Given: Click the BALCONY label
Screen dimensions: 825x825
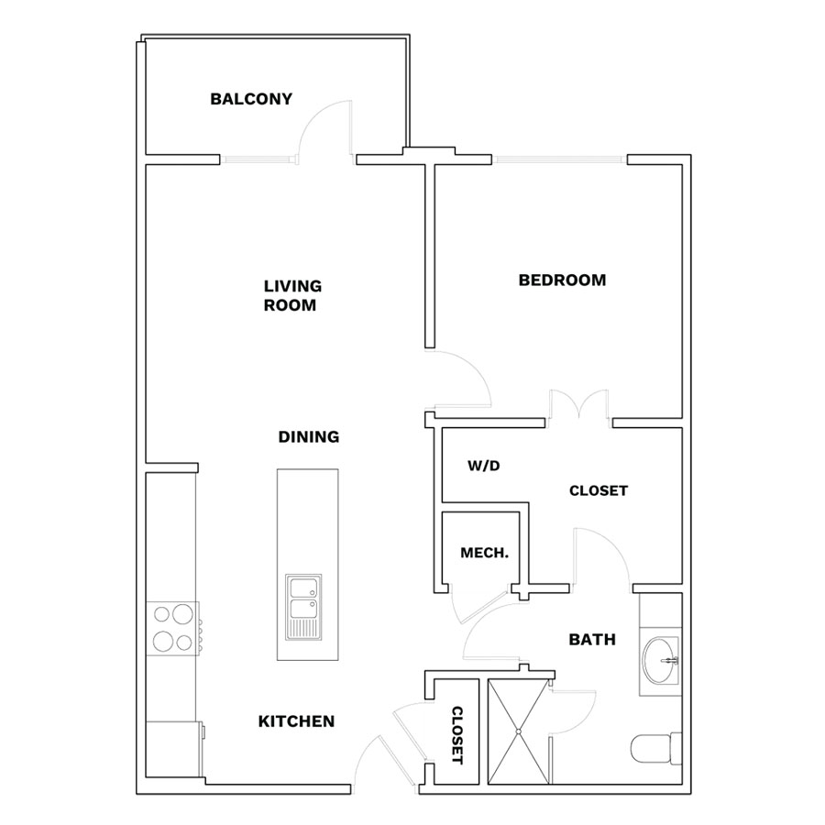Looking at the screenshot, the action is (251, 99).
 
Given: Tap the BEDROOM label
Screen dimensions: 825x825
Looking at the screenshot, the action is (562, 280).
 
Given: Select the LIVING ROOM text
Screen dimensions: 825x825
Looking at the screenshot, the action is (292, 296).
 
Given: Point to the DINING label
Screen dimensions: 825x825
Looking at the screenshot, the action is (309, 436).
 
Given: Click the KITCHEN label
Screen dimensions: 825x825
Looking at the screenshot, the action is (296, 721).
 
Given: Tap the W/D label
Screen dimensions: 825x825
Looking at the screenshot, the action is (483, 466).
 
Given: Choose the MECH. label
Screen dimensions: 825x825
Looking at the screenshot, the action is (485, 553).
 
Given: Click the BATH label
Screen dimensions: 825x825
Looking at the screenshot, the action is (592, 640).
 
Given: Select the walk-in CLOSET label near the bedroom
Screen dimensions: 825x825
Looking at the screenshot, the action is (599, 491).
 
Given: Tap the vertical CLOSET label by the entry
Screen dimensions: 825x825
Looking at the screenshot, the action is (457, 735).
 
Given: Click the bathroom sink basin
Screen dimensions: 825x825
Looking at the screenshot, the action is (661, 660).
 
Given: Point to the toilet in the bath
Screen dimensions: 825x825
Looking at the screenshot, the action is (656, 749).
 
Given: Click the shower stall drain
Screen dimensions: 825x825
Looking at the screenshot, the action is (518, 731).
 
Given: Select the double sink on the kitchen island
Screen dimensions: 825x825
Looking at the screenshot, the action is (303, 607).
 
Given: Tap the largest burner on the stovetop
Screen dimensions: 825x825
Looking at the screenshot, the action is (182, 614).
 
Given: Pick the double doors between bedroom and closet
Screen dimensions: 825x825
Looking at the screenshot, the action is (578, 404).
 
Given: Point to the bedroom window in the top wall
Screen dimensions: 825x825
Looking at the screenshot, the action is (559, 159).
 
